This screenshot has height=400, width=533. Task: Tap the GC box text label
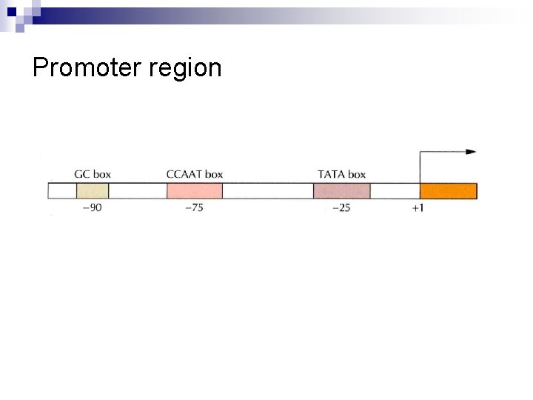93,174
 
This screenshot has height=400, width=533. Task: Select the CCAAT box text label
195,174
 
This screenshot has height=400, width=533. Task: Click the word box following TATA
357,174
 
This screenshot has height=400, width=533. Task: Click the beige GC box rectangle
93,190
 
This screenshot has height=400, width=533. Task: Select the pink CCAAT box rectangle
195,190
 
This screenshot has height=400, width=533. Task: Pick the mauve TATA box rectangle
341,190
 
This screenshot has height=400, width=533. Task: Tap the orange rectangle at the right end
449,190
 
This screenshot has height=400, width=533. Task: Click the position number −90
92,207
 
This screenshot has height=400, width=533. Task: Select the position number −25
341,207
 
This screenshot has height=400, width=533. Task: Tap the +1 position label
418,207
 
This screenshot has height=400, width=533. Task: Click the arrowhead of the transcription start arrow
471,152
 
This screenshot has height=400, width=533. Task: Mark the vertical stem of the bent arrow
420,167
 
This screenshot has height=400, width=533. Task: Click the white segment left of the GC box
62,190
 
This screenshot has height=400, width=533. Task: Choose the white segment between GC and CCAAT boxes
138,190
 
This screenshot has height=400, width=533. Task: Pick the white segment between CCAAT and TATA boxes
267,190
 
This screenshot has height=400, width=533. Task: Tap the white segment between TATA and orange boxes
395,190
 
